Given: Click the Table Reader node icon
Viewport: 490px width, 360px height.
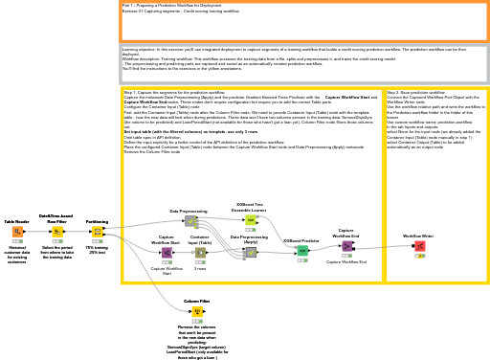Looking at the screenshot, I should (x=17, y=232).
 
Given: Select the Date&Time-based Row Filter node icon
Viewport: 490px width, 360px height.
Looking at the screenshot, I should (x=56, y=232).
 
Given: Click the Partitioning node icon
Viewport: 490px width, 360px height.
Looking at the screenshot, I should (x=97, y=232).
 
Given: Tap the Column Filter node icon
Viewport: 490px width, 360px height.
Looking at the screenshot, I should (x=197, y=311).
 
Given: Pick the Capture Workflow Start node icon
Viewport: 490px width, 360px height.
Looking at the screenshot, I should (x=167, y=253).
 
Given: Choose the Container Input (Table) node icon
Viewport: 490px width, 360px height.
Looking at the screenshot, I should (x=200, y=253).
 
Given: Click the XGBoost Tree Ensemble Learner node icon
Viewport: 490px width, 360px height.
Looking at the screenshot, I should (x=250, y=220).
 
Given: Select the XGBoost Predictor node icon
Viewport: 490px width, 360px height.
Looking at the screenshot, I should (x=302, y=251).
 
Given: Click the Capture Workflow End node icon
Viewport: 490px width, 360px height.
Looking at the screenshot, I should (x=346, y=246).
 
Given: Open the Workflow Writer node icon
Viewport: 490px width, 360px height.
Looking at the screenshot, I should (x=419, y=246).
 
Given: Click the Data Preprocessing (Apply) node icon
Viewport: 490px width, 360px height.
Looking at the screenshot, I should (x=250, y=253).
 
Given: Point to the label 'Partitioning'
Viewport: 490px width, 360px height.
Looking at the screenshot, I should (x=97, y=221).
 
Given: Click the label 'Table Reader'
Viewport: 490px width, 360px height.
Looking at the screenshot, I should (x=17, y=221).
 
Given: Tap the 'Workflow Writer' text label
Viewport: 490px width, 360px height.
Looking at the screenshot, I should (x=418, y=236).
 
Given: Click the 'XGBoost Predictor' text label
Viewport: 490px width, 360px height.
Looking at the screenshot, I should (x=302, y=241).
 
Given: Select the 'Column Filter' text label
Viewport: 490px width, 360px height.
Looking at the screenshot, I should (x=197, y=301).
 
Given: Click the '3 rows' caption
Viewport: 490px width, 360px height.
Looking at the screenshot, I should (x=200, y=269).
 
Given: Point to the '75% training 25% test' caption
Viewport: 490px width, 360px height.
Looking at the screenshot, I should (x=97, y=249).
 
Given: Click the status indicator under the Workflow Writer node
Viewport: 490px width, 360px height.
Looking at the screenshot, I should (x=419, y=256).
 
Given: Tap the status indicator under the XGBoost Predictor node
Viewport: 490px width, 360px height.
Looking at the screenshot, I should (x=302, y=260).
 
